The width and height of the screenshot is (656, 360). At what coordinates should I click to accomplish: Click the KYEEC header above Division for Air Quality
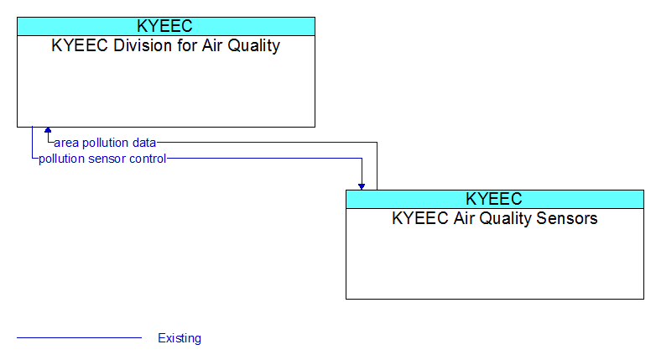[164, 26]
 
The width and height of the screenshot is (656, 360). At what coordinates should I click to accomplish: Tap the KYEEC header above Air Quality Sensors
[494, 199]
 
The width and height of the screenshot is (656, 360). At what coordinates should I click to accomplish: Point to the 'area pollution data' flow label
[105, 143]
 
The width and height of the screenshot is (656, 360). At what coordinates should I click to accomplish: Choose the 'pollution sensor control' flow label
[102, 159]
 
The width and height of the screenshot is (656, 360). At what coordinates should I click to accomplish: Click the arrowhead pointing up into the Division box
[48, 130]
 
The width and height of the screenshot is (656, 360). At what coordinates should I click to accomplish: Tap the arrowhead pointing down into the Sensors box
[362, 186]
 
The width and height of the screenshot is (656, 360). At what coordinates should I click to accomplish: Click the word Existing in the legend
[180, 338]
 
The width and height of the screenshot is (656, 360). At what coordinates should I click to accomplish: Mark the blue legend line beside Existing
[80, 337]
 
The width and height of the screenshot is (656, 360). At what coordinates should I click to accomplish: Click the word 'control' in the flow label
[148, 159]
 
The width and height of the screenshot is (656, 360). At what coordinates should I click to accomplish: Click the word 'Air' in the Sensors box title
[465, 218]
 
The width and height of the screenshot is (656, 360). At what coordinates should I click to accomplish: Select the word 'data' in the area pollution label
[144, 143]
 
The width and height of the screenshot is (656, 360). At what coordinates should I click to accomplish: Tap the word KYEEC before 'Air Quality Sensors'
[421, 218]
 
